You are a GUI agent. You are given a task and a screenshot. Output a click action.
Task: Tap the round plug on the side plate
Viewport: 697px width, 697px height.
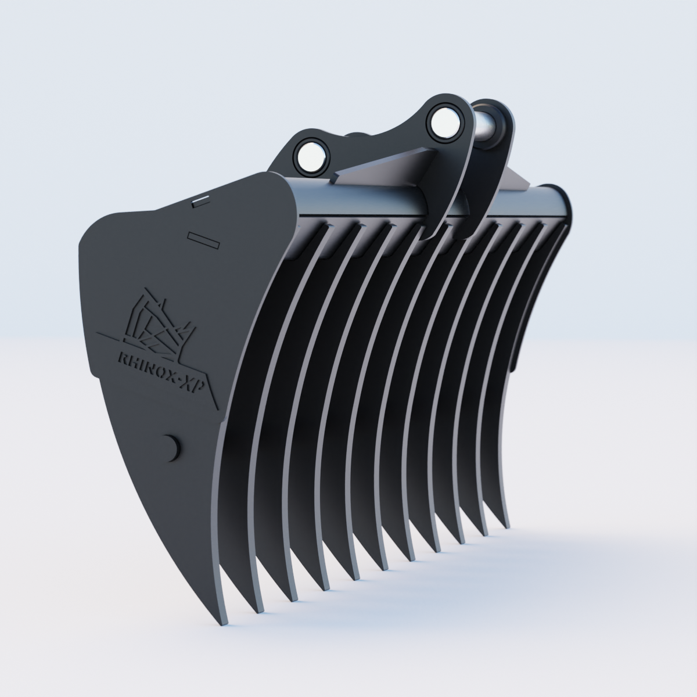[171, 447]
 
